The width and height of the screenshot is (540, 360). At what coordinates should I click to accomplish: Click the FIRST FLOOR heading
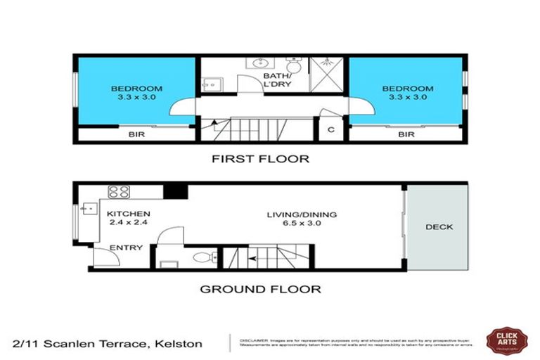[260, 159]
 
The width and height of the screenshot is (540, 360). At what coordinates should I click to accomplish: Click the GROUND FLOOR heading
[260, 288]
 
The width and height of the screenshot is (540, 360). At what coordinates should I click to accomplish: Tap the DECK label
[439, 226]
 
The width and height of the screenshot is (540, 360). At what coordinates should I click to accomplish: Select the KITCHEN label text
[128, 214]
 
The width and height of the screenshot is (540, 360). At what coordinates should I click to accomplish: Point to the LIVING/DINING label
[302, 214]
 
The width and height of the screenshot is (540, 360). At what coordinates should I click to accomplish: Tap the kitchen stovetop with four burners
[117, 191]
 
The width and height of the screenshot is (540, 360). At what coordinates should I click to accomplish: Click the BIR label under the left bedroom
[136, 134]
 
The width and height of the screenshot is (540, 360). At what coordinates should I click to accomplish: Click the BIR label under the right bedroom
[406, 134]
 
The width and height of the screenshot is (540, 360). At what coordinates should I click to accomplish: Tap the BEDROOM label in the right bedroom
[406, 89]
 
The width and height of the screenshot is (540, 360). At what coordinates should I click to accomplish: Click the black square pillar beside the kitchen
[174, 191]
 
